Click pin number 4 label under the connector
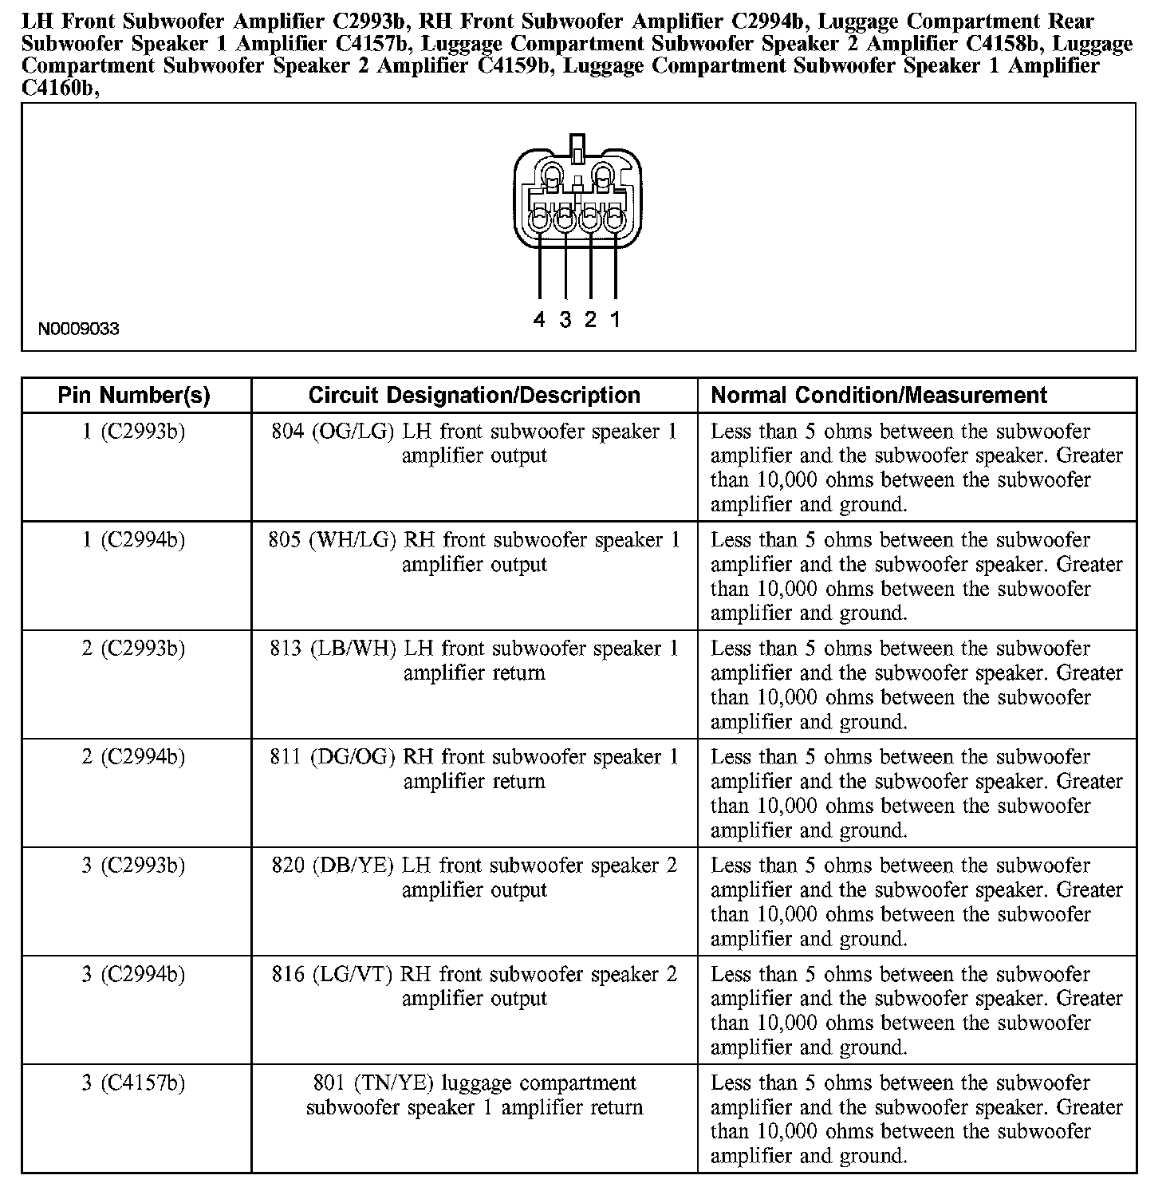(539, 321)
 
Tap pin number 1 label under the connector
(616, 321)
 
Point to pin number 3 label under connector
(565, 321)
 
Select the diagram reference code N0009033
(79, 329)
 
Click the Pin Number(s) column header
(134, 395)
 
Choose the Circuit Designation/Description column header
(474, 395)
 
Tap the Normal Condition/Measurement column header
(879, 395)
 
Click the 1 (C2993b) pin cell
(134, 432)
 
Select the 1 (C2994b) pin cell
(134, 540)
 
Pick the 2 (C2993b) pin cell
(134, 649)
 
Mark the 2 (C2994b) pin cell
(134, 757)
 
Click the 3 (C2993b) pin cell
(134, 866)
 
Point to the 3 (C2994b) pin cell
(134, 974)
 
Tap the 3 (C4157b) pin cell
(134, 1083)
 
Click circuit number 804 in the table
(288, 432)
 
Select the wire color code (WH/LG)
(353, 540)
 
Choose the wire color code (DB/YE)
(353, 866)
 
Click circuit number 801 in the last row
(329, 1083)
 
